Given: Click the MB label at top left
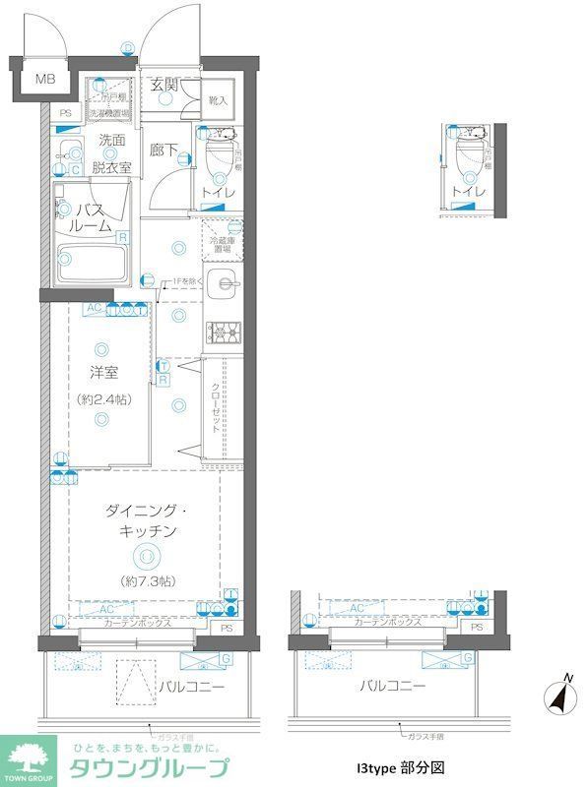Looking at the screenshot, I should pyautogui.click(x=45, y=80).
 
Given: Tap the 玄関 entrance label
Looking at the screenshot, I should pyautogui.click(x=163, y=85).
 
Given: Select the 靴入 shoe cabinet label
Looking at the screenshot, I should pyautogui.click(x=218, y=100).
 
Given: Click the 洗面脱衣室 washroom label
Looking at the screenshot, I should pyautogui.click(x=109, y=154).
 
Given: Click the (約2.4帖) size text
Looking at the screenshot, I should pyautogui.click(x=103, y=400).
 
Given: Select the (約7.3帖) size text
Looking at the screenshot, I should pyautogui.click(x=144, y=581).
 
